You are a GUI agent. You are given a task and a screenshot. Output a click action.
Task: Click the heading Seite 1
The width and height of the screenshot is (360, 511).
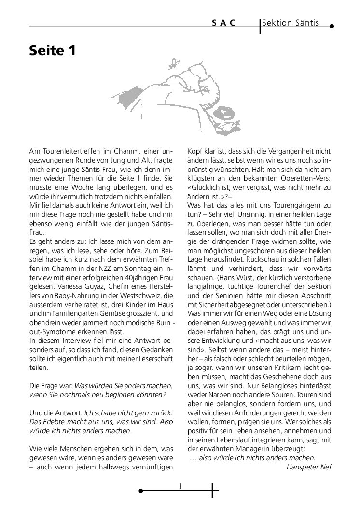52,51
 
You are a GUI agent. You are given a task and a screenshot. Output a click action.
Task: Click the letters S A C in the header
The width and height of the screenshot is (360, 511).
223,23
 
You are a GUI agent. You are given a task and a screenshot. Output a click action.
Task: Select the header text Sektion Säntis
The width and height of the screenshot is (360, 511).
291,23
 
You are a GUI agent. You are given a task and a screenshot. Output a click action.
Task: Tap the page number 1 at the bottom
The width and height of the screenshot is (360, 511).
180,486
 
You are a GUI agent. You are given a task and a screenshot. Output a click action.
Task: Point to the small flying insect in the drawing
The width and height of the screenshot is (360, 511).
172,62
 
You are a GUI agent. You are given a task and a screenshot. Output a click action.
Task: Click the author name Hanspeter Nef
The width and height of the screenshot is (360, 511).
309,467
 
